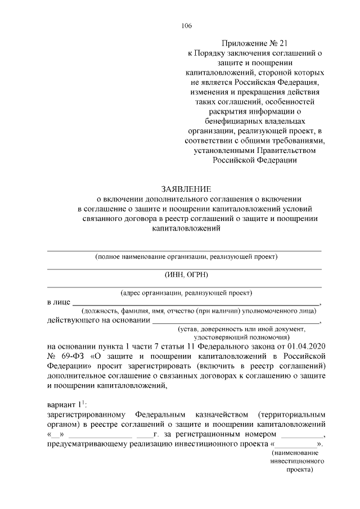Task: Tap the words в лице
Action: [x=58, y=301]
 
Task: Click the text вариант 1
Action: [x=64, y=405]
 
